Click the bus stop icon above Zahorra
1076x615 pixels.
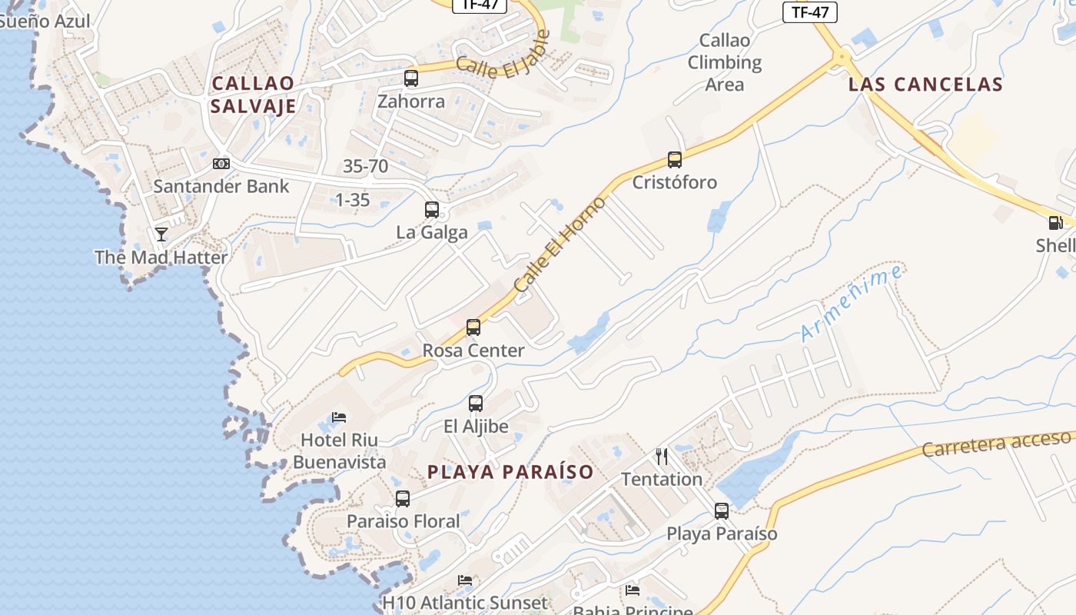411,78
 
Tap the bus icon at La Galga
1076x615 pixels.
432,209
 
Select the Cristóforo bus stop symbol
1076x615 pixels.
675,160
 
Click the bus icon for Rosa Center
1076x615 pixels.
473,327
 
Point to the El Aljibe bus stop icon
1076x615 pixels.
476,403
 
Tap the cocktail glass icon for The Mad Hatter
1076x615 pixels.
161,234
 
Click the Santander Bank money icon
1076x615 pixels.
221,163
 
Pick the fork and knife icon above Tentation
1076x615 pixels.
662,457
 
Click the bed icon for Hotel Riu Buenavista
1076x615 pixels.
339,417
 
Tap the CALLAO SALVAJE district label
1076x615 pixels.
254,95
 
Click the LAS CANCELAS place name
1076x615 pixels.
925,85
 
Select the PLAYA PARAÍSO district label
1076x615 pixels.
510,472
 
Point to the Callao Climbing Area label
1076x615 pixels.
724,62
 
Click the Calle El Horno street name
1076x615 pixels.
560,244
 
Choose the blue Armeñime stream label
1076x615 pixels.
852,303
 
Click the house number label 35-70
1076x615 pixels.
365,166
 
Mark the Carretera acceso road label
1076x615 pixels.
996,444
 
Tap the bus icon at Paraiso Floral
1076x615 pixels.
403,498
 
